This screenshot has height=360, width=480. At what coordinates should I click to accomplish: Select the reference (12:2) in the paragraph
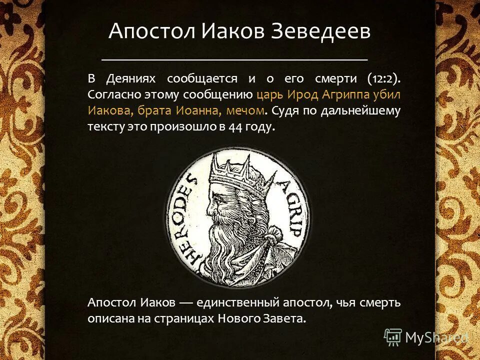[383, 78]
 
